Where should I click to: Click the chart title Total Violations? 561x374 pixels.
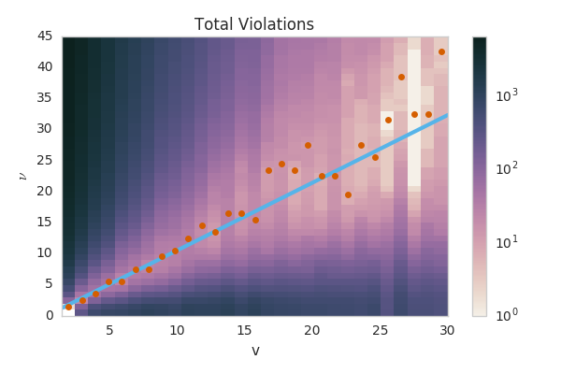point(254,25)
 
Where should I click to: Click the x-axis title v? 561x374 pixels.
point(254,351)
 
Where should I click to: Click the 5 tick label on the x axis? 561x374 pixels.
point(109,330)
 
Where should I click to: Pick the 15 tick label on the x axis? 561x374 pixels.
point(244,330)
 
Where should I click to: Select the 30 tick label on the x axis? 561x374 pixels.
point(447,330)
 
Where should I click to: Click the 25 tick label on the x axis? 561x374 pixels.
point(380,330)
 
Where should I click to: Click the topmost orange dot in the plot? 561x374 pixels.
point(441,51)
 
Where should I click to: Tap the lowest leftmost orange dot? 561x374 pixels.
point(68,307)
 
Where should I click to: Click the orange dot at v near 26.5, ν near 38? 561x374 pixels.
point(401,77)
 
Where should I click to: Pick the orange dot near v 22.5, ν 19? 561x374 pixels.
point(348,194)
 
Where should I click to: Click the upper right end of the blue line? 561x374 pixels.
point(447,115)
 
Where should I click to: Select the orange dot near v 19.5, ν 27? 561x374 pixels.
point(308,145)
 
